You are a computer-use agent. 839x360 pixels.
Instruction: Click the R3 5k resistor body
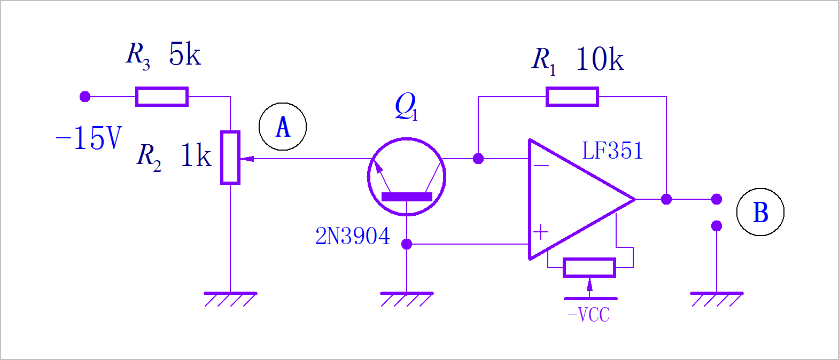tap(162, 97)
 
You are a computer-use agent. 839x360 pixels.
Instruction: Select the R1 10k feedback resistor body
tap(572, 97)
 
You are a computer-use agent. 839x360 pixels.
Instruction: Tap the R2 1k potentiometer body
tap(230, 158)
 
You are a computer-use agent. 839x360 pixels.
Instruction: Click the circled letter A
tap(283, 127)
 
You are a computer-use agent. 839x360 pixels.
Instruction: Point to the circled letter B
tap(760, 212)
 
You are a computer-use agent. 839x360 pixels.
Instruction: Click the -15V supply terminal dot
tap(85, 97)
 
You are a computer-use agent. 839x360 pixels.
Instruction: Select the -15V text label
tap(89, 138)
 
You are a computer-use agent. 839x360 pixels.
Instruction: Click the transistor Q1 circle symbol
tap(407, 177)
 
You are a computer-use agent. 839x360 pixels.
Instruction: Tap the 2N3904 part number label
tap(353, 236)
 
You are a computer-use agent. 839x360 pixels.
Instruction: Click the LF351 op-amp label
tap(612, 151)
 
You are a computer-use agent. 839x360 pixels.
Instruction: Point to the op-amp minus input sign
tap(541, 166)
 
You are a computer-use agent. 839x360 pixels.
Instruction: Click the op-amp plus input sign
tap(541, 232)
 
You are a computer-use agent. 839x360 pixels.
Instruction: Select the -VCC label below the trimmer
tap(588, 315)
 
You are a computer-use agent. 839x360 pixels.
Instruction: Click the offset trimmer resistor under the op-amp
tap(589, 268)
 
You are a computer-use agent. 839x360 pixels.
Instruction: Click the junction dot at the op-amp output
tap(666, 199)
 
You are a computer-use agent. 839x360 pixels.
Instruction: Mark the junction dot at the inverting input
tap(478, 159)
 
